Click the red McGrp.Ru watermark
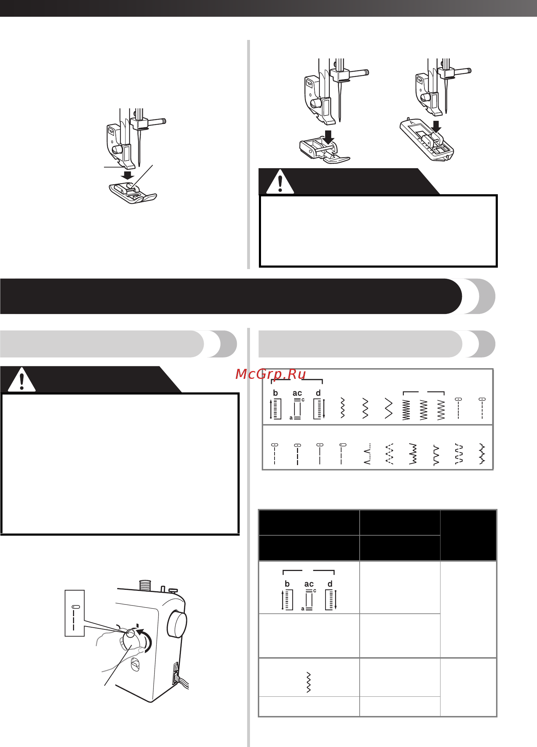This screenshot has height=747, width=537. pos(271,374)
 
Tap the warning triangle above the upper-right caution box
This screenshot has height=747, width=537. pos(280,182)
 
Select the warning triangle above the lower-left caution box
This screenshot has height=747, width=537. pos(22,380)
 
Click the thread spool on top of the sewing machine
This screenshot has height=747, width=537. pos(145,585)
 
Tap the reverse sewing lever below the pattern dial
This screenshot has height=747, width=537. pos(135,665)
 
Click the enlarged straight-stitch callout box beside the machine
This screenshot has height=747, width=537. pos(74,613)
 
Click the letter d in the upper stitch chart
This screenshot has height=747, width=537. pos(318,393)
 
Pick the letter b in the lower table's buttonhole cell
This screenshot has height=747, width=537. pos(287,584)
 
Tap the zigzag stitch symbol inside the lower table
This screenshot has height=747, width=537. pos(309,682)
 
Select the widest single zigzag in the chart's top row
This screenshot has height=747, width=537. pos(389,408)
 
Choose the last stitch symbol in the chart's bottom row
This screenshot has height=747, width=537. pos(482,454)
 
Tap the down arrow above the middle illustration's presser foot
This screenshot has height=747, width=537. pos(328,137)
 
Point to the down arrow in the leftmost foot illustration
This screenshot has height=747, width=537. pos(127,175)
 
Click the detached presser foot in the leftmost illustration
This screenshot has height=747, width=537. pos(133,193)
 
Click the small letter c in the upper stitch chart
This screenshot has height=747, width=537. pos(303,400)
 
